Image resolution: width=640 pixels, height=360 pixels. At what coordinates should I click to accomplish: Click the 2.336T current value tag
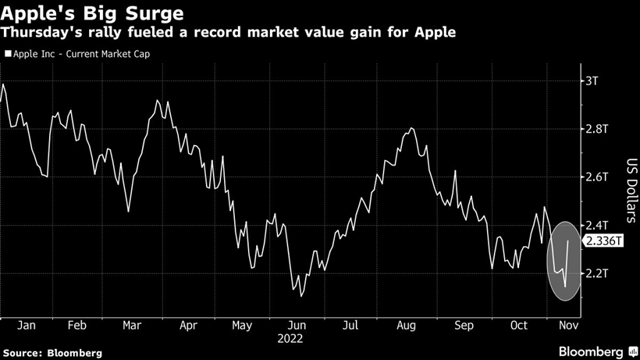[x=605, y=241]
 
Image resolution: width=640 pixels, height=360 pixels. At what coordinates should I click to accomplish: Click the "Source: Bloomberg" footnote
[x=52, y=353]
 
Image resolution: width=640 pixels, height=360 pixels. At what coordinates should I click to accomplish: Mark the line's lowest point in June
[x=300, y=297]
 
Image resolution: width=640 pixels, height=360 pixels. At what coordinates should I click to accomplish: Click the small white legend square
[x=8, y=54]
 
